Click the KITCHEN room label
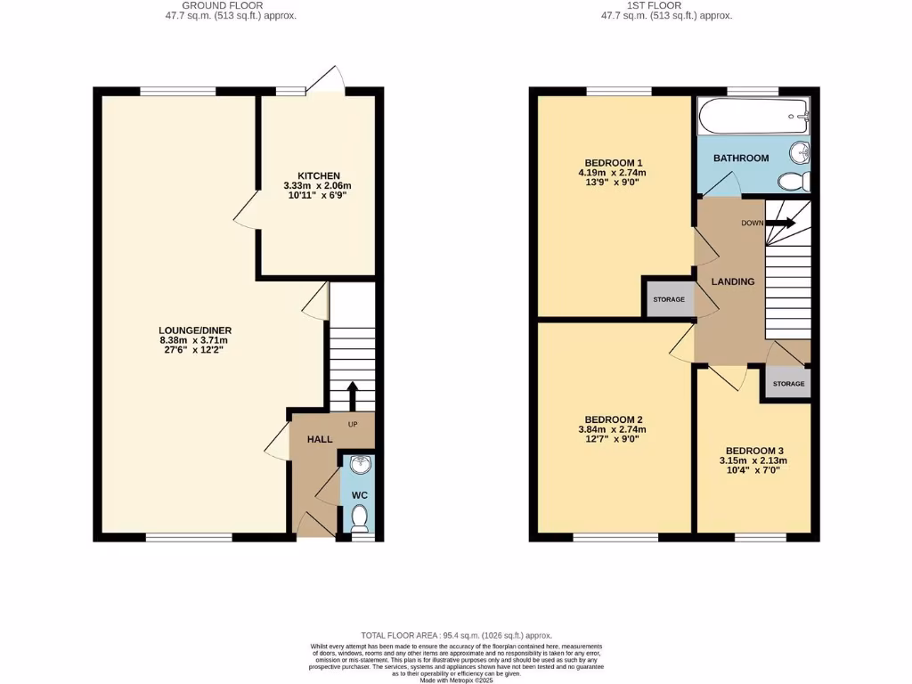[x=319, y=175]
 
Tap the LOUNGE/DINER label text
[x=195, y=330]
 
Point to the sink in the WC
[x=361, y=465]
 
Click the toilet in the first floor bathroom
[x=792, y=182]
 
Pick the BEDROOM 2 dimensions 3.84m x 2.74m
[x=614, y=430]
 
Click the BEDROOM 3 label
[x=753, y=451]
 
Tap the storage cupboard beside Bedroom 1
[x=669, y=299]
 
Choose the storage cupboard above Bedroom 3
[x=788, y=384]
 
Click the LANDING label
[x=732, y=281]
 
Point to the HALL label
[x=320, y=440]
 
